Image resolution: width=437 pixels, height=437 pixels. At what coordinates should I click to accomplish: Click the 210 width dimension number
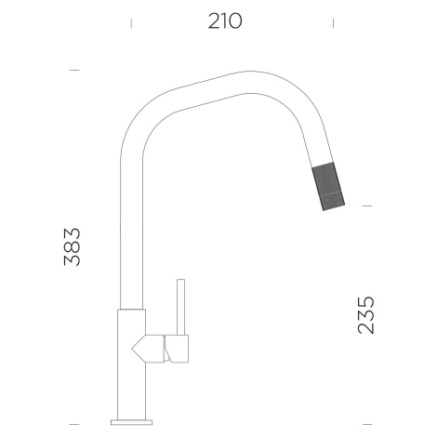(225, 21)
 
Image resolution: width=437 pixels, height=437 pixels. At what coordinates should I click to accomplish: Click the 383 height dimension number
(72, 246)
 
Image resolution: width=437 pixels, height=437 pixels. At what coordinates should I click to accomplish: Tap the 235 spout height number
(366, 315)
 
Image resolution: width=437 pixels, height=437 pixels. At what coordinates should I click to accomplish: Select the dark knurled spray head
(328, 186)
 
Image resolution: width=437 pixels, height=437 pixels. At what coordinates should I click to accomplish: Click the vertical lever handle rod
(181, 307)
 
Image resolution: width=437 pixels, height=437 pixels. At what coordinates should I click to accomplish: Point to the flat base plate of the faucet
(132, 422)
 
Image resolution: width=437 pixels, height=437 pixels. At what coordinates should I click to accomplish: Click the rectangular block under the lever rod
(177, 349)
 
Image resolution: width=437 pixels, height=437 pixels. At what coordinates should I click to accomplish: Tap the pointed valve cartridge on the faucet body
(148, 349)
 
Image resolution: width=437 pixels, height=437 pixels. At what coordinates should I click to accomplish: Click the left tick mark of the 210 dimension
(131, 23)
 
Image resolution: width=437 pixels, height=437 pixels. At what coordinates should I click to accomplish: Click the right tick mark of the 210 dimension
(333, 23)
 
